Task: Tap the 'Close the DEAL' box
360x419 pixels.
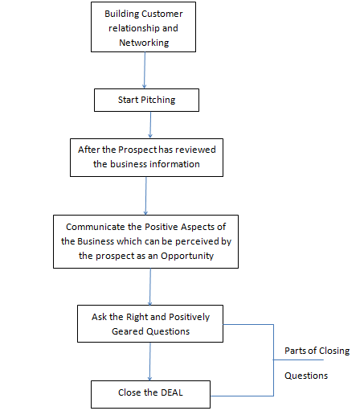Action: pos(149,394)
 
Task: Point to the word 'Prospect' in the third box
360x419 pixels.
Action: pos(137,150)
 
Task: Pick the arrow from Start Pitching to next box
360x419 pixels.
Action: pos(150,125)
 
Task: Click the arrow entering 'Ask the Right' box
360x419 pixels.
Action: pos(150,285)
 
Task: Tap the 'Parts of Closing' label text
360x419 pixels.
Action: pos(317,350)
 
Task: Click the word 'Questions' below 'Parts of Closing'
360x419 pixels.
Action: pos(305,376)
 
